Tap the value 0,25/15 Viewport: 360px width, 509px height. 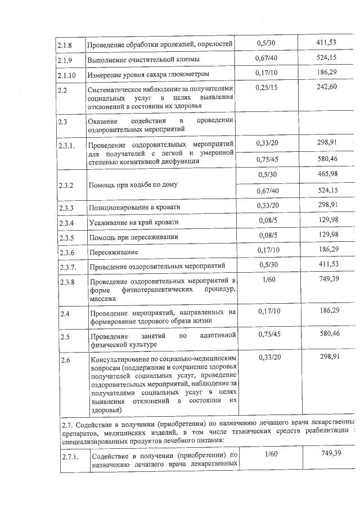[265, 87]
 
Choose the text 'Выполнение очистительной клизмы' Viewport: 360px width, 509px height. [143, 59]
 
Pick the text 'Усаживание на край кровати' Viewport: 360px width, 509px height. [133, 223]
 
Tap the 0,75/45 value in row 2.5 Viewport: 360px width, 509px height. [267, 334]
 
